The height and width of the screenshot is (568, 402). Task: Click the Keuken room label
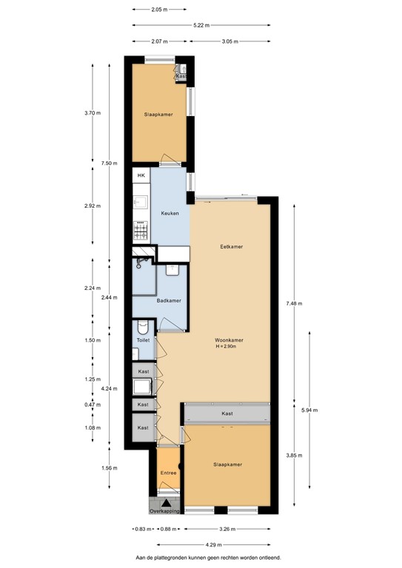[170, 213]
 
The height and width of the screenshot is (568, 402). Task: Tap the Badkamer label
[170, 300]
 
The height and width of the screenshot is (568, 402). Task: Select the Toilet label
[143, 340]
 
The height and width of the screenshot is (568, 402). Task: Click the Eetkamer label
[232, 246]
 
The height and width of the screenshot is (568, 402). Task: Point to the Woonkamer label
[230, 340]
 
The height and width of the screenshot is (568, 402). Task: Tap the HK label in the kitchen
[141, 175]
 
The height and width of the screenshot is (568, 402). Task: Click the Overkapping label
[164, 510]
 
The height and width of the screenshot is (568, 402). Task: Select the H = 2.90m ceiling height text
[230, 347]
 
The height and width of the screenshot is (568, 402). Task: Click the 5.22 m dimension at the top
[199, 25]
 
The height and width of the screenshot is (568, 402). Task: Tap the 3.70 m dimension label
[93, 112]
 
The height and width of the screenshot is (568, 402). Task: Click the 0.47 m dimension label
[93, 405]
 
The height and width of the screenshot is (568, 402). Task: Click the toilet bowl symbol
[144, 326]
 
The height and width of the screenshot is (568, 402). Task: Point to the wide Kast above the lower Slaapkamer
[226, 413]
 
